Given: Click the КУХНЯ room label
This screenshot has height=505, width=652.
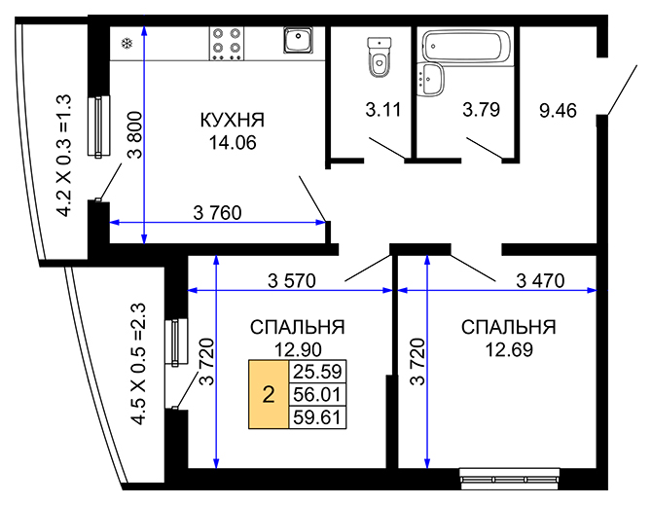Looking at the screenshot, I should coord(232,121).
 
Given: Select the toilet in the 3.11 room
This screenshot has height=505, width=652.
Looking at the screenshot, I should coord(378,56).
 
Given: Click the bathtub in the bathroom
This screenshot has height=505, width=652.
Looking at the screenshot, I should coord(465,47).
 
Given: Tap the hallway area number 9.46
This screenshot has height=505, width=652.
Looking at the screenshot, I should coord(558,111).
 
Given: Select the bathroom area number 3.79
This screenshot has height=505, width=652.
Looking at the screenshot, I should coord(481,111).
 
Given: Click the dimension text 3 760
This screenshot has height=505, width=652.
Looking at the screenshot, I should coord(217,211).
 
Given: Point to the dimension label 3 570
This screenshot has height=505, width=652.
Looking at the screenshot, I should coord(291,280).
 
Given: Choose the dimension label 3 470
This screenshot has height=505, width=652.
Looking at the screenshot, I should coord(543,280).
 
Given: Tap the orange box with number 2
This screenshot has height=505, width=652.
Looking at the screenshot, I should coord(268,394).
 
